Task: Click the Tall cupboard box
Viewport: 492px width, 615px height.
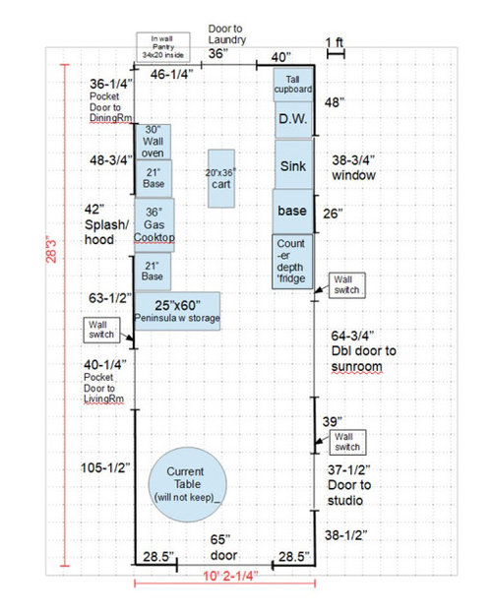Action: pos(293,85)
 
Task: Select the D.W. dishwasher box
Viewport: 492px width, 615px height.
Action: pos(293,119)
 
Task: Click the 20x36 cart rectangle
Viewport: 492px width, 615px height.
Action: pos(221,178)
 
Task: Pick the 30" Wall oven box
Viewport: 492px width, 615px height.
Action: pos(154,142)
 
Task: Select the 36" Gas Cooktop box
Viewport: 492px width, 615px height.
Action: pos(154,224)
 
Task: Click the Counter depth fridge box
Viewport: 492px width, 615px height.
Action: pos(292,262)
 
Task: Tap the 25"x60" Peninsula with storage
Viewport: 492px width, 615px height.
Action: pos(177,311)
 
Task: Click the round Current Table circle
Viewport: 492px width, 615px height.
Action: pos(188,484)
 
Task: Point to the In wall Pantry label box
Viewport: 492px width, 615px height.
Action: pos(163,47)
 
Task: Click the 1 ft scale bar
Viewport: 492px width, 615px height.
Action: pos(336,54)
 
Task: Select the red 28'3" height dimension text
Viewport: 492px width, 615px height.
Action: pos(52,250)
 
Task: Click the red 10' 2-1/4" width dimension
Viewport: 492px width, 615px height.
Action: pos(230,577)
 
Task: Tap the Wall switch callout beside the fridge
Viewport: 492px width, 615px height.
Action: pos(346,285)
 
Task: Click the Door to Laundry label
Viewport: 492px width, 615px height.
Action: pos(227,34)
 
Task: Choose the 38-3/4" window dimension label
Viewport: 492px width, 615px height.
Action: pos(353,167)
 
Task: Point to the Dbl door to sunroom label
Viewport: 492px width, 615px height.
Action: pos(364,351)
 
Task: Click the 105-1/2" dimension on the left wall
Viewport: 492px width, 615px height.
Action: pos(105,467)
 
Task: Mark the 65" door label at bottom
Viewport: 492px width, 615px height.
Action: pos(223,547)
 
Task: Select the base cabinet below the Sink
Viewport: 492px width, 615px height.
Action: pos(292,211)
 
